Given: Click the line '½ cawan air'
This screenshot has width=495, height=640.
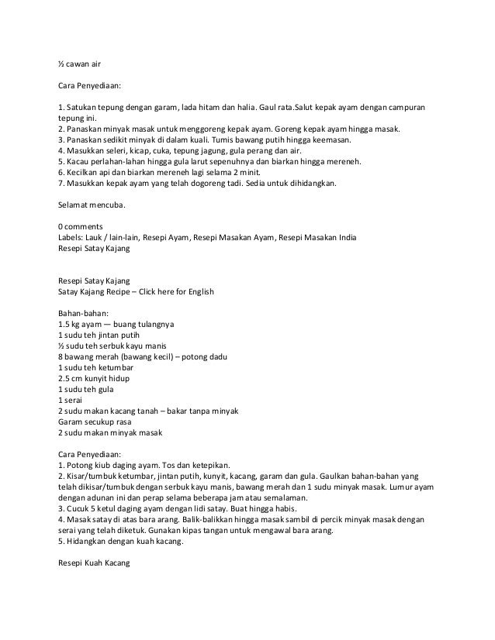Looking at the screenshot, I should point(79,64).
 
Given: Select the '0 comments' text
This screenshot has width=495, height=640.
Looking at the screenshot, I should point(81,225).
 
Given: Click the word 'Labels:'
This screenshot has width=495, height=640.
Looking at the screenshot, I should point(71,236).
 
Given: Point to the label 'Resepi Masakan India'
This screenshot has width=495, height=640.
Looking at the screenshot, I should point(319,236).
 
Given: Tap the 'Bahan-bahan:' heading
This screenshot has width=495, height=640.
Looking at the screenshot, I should point(83,312).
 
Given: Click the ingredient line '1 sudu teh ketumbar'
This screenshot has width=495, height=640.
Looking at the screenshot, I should point(93,366).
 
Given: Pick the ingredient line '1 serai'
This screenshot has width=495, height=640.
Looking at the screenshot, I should point(71,399).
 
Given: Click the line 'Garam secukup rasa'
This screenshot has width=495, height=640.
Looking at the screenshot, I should point(90,421).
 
